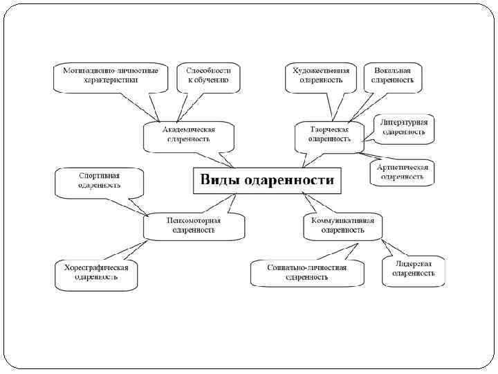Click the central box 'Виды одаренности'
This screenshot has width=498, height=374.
pyautogui.click(x=267, y=180)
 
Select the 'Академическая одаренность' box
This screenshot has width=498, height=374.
pyautogui.click(x=189, y=134)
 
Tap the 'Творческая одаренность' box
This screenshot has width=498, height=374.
pyautogui.click(x=329, y=134)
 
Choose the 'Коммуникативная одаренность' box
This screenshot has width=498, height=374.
pyautogui.click(x=342, y=226)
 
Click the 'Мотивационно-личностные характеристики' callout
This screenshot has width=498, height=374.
pyautogui.click(x=111, y=75)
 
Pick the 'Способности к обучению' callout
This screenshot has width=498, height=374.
pyautogui.click(x=208, y=75)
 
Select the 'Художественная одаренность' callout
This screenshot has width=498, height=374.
pyautogui.click(x=321, y=75)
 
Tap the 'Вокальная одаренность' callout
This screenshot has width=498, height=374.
pyautogui.click(x=392, y=75)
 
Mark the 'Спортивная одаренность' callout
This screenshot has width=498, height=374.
pyautogui.click(x=100, y=181)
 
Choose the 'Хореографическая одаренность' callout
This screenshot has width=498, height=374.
pyautogui.click(x=96, y=271)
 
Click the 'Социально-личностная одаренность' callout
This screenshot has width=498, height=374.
pyautogui.click(x=307, y=271)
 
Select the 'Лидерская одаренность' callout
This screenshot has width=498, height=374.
pyautogui.click(x=414, y=269)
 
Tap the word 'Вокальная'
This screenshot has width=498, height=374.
pyautogui.click(x=392, y=71)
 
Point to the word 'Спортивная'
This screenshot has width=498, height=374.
pyautogui.click(x=100, y=176)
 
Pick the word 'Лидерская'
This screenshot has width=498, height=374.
pyautogui.click(x=414, y=265)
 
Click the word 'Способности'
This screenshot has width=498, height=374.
pyautogui.click(x=208, y=71)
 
